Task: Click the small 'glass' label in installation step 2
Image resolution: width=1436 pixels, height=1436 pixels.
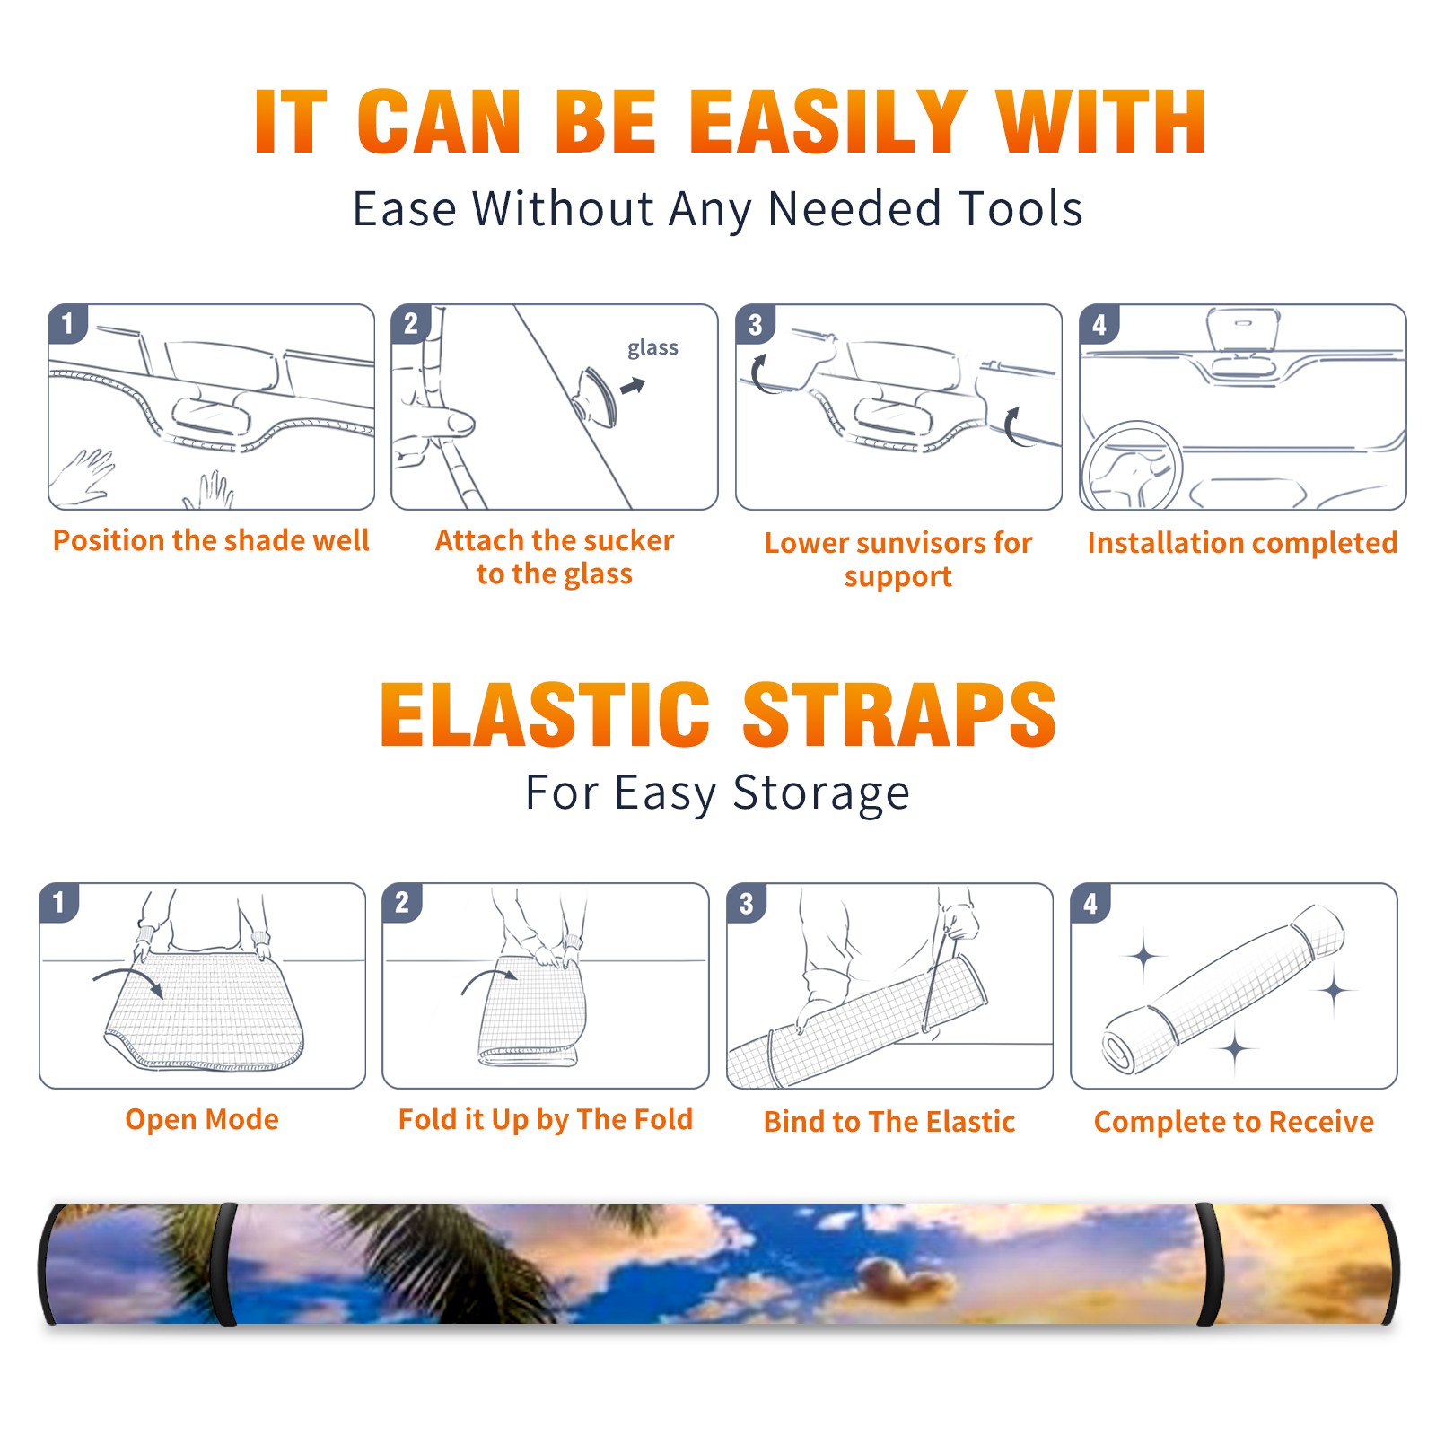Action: [652, 348]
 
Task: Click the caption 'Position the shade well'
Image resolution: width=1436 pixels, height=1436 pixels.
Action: [211, 540]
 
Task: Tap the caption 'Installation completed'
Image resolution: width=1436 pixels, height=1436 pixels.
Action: [1242, 543]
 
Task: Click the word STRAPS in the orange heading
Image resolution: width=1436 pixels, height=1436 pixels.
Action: [899, 714]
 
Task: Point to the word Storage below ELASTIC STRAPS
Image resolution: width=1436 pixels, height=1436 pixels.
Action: [821, 794]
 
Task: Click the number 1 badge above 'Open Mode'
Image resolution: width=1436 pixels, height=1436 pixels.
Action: [59, 902]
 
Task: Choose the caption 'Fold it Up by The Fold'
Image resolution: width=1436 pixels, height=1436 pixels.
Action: [546, 1119]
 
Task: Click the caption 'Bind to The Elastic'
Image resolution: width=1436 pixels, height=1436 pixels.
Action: [889, 1122]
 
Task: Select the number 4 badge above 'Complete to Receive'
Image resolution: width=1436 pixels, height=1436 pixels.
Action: [1090, 904]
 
